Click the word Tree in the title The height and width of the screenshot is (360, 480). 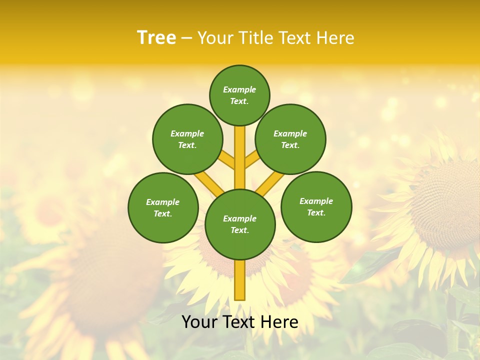point(156,37)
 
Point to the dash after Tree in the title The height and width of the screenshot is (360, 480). point(187,38)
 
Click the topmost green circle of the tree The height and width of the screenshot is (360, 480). point(239,95)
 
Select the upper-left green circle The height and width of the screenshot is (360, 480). point(187,139)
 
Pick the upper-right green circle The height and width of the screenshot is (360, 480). point(290,139)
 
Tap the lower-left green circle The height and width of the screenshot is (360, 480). point(163,207)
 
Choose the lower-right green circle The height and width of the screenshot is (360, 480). point(316,206)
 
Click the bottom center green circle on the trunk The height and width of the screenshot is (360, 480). point(240,224)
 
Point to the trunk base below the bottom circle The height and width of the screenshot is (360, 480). point(240,280)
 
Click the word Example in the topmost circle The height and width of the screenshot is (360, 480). point(239,89)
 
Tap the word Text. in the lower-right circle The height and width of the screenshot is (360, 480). point(316,212)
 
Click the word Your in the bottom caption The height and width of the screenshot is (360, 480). point(199,322)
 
